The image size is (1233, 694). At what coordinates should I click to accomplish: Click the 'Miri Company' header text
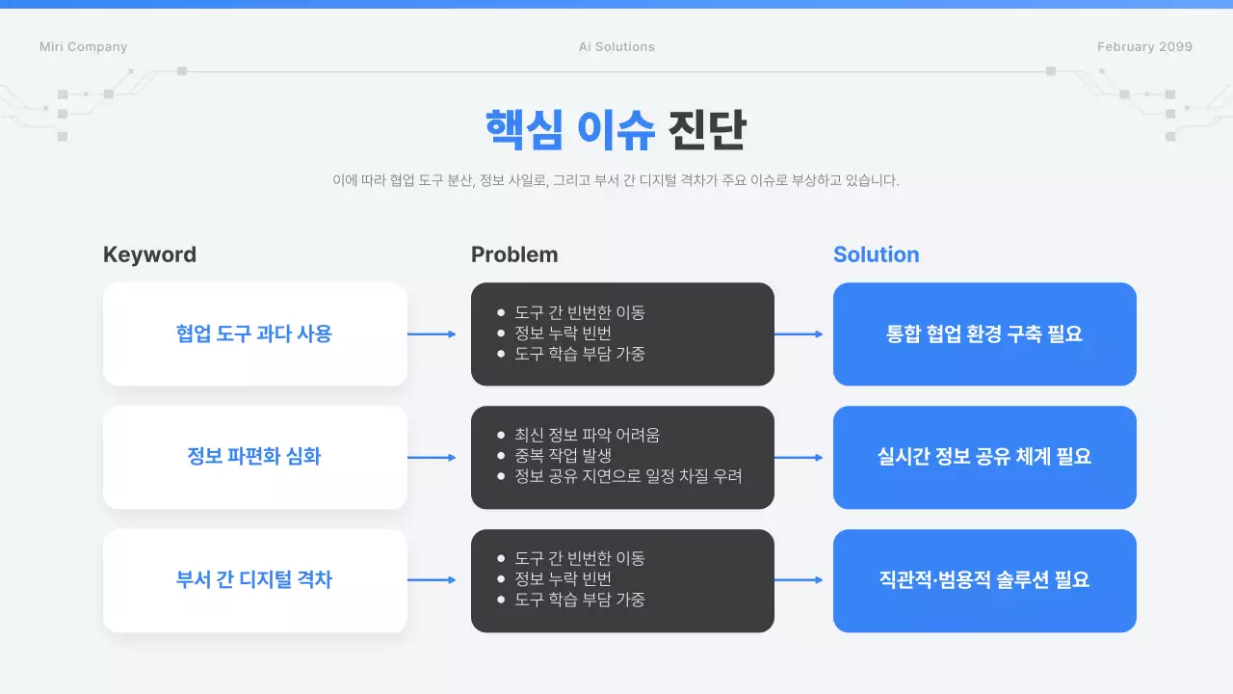83,47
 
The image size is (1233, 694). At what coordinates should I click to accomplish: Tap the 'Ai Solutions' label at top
616,47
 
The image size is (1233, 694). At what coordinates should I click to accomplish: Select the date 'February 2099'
1144,47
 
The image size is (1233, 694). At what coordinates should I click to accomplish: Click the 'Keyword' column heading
149,254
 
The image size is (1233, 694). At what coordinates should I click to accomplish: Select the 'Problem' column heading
514,254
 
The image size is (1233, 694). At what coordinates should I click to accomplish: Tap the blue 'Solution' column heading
876,254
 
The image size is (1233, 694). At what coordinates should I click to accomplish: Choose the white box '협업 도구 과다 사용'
254,334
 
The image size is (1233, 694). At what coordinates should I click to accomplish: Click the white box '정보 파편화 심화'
254,457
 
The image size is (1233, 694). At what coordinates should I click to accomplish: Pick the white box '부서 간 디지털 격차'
254,580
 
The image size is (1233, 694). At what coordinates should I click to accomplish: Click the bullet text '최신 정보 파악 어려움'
587,436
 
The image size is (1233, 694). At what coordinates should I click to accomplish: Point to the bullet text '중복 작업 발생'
563,456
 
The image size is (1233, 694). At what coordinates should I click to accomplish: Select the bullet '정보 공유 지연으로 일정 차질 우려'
628,476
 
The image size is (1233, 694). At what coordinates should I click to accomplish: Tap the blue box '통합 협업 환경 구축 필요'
984,334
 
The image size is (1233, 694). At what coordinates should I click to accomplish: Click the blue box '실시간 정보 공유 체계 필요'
984,457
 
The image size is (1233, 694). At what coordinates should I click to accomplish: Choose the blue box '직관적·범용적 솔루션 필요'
984,580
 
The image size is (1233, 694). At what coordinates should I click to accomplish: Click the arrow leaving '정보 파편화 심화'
432,457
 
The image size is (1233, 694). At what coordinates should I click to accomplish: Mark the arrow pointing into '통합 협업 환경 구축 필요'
799,334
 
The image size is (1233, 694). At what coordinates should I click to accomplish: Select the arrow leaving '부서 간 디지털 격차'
432,580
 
